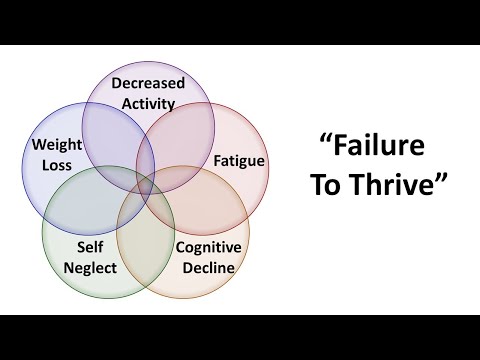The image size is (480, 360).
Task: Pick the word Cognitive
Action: [x=216, y=247]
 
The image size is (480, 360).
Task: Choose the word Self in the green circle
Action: [x=91, y=249]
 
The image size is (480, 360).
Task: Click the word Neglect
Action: [x=91, y=267]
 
